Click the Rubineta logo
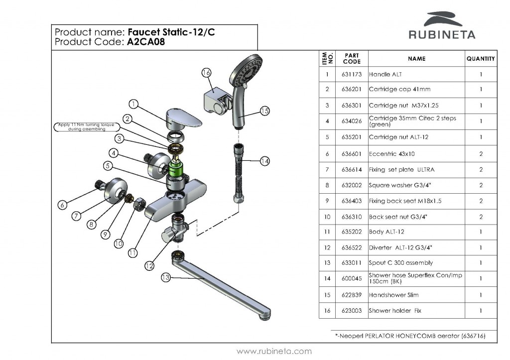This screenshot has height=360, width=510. coord(442,26)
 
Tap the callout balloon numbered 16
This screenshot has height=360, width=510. coord(207,73)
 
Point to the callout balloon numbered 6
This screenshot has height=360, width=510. coord(62,205)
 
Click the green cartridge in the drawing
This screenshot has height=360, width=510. coord(176,167)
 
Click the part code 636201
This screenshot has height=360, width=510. coord(352,90)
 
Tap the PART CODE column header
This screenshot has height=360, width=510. coord(352,59)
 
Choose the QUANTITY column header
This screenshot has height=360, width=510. coord(481,59)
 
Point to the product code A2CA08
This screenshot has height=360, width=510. coord(146,43)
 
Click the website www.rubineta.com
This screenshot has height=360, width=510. coord(274,352)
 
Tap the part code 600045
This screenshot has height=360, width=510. coord(352,279)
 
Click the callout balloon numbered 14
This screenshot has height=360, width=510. coord(265,161)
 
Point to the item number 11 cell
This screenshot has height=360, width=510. coord(327,232)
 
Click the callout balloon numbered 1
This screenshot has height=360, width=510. coord(133,104)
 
